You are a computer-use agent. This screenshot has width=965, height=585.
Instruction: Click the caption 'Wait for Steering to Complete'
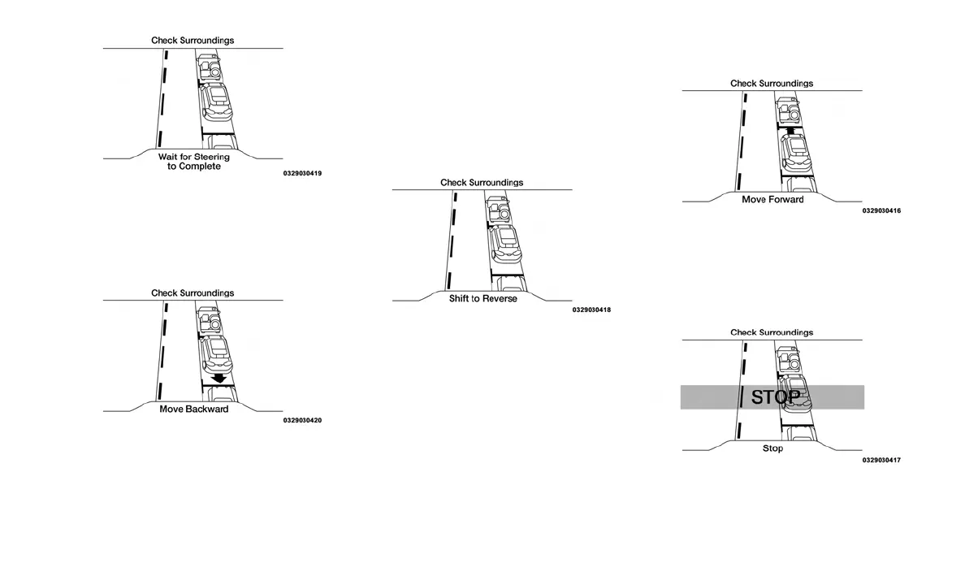(x=193, y=161)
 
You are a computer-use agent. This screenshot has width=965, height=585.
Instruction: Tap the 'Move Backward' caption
(x=193, y=409)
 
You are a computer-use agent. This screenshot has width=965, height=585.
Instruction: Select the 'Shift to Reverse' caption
(x=482, y=299)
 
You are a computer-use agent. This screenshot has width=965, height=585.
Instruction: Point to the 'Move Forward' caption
(x=772, y=200)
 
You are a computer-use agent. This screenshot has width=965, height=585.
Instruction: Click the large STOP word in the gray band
(x=775, y=397)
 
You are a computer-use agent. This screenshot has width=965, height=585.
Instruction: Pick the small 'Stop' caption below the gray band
(x=772, y=448)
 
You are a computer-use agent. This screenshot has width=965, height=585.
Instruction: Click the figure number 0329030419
(x=302, y=173)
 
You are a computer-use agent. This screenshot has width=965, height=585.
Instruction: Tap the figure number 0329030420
(x=302, y=420)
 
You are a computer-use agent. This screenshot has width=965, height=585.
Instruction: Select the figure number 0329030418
(x=591, y=310)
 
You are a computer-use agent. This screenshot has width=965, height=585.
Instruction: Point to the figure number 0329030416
(x=881, y=211)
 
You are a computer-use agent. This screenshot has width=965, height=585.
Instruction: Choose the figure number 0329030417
(x=881, y=460)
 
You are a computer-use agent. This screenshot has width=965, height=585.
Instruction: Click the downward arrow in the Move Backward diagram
(x=218, y=378)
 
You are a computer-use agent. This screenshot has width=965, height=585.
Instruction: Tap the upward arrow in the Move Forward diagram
(x=790, y=128)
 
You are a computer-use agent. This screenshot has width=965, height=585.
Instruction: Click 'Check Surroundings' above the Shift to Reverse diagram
(x=482, y=183)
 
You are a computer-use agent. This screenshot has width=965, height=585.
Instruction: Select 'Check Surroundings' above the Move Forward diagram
(x=772, y=84)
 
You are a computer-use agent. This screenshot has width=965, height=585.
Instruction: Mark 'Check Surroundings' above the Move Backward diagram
(x=193, y=293)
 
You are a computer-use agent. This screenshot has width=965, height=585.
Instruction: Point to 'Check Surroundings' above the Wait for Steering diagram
(x=193, y=41)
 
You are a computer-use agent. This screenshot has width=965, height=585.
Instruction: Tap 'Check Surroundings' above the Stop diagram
(x=772, y=332)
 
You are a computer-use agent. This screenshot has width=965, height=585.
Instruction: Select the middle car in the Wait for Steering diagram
(x=216, y=100)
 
